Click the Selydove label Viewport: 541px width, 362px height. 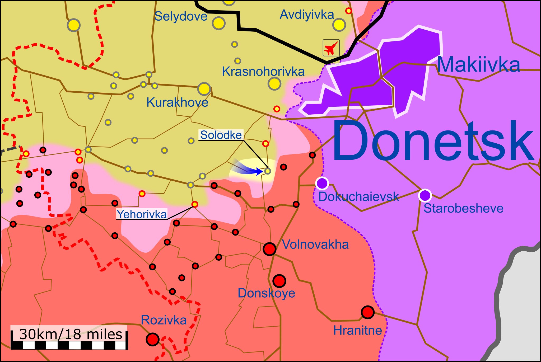click(181, 16)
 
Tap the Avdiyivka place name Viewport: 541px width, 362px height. click(307, 15)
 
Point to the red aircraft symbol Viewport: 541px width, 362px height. click(331, 48)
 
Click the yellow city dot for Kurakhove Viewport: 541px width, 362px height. click(204, 89)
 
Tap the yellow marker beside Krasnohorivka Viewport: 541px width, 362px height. click(274, 84)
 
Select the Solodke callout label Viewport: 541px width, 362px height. click(221, 135)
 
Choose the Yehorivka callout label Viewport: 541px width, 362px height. click(142, 214)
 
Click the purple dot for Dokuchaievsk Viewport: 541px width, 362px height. click(322, 183)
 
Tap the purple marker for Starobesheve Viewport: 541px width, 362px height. click(425, 195)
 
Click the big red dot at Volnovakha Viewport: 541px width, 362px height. click(269, 249)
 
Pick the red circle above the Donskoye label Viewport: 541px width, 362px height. click(279, 281)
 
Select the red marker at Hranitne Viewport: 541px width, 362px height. click(367, 312)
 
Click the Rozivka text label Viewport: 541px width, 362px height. click(164, 320)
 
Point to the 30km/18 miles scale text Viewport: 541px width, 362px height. click(71, 334)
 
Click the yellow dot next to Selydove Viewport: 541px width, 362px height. click(218, 23)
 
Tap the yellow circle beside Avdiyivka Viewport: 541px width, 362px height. click(339, 25)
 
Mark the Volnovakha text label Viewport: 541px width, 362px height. click(315, 245)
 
